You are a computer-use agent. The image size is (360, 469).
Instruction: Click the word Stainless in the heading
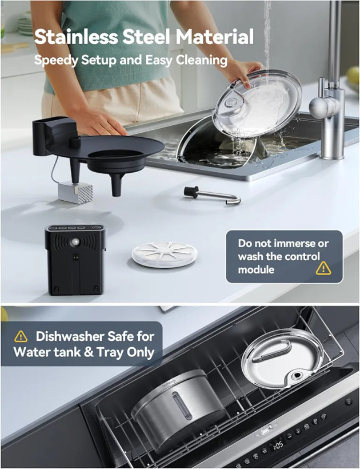click(76, 37)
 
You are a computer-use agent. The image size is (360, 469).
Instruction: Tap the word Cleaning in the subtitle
click(201, 61)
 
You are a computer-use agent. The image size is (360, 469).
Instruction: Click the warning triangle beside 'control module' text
click(323, 268)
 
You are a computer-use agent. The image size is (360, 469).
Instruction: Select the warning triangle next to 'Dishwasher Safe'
click(21, 336)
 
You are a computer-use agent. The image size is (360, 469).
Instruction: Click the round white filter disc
click(164, 255)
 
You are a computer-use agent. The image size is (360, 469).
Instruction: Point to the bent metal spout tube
click(212, 196)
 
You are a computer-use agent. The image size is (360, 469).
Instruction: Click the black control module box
click(75, 260)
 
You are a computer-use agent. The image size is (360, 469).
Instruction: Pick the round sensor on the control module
click(75, 242)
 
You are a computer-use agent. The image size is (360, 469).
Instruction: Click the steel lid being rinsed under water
click(258, 103)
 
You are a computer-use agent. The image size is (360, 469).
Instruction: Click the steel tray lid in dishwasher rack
click(282, 358)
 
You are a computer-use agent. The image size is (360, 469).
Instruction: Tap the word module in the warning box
click(256, 269)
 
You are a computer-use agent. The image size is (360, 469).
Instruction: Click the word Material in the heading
click(214, 37)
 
